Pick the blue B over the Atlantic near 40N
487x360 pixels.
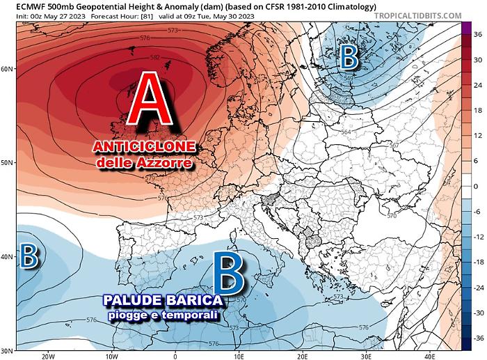(x=28, y=256)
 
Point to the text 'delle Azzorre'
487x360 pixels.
(x=144, y=162)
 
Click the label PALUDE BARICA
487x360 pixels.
(x=164, y=301)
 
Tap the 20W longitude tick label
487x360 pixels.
(x=47, y=356)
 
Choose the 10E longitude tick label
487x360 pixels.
(x=239, y=356)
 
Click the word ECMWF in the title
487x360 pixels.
(x=15, y=6)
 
